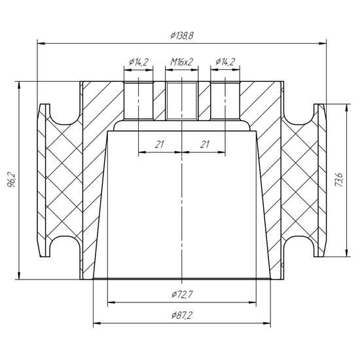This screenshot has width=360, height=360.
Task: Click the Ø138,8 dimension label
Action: (x=182, y=35)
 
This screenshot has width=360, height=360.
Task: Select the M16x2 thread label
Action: (x=181, y=62)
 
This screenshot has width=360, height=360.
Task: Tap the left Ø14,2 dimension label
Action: (x=139, y=62)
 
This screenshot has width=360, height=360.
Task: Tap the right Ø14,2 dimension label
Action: (x=225, y=62)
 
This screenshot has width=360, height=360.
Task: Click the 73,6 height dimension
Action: (x=339, y=180)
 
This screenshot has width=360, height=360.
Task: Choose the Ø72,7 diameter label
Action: (x=183, y=295)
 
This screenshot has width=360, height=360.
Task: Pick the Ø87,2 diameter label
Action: (x=181, y=315)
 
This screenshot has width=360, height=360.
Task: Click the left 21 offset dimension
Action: (x=159, y=145)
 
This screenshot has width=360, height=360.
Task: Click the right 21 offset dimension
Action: (x=205, y=145)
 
